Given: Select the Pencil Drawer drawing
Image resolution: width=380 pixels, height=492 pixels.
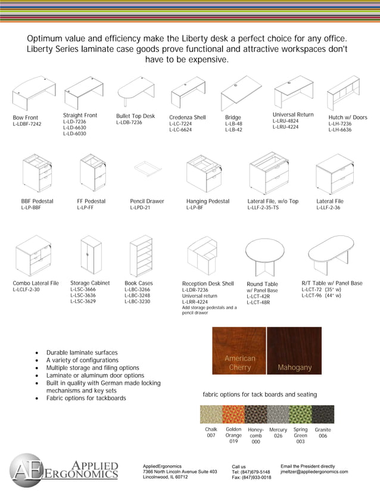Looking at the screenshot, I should point(146,170).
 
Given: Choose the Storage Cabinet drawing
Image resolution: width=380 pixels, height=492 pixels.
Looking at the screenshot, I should point(91,255).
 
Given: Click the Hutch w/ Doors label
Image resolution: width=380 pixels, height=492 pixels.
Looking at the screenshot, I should point(348,117).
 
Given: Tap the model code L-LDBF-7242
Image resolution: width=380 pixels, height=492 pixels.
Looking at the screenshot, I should point(27,124).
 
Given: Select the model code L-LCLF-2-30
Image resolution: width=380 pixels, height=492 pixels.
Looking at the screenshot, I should point(26,289).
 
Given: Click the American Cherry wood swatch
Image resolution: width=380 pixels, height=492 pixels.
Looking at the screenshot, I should point(239,350).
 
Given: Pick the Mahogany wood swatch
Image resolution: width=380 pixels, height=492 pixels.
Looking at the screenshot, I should point(294,350).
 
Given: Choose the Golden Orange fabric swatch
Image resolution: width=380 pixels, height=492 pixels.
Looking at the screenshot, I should point(233,415).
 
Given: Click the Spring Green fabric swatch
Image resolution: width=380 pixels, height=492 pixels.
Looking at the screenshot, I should point(301,415).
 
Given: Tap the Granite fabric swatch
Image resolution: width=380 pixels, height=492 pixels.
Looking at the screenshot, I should point(323,415).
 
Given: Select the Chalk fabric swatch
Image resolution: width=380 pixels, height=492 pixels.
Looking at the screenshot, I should point(211,415).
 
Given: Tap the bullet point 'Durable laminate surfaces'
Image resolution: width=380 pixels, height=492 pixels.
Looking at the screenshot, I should point(82,353).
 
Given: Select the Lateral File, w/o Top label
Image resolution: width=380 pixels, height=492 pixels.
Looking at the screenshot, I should point(273,201).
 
